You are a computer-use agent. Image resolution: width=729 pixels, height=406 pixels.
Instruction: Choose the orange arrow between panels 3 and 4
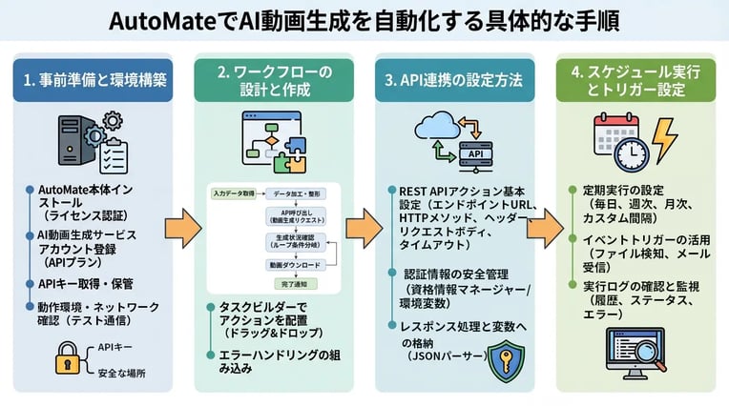coord(542,230)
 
